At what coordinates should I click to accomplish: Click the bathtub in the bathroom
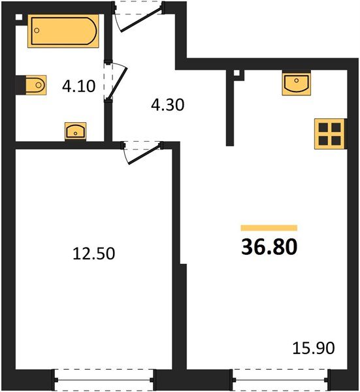(63, 32)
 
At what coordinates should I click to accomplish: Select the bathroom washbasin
(76, 131)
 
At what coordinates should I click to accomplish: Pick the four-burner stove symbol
(329, 133)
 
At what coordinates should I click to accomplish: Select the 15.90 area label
(314, 348)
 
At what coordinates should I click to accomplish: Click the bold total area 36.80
(269, 248)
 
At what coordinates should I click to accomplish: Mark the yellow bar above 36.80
(269, 227)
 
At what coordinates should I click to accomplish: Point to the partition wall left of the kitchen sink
(229, 108)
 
